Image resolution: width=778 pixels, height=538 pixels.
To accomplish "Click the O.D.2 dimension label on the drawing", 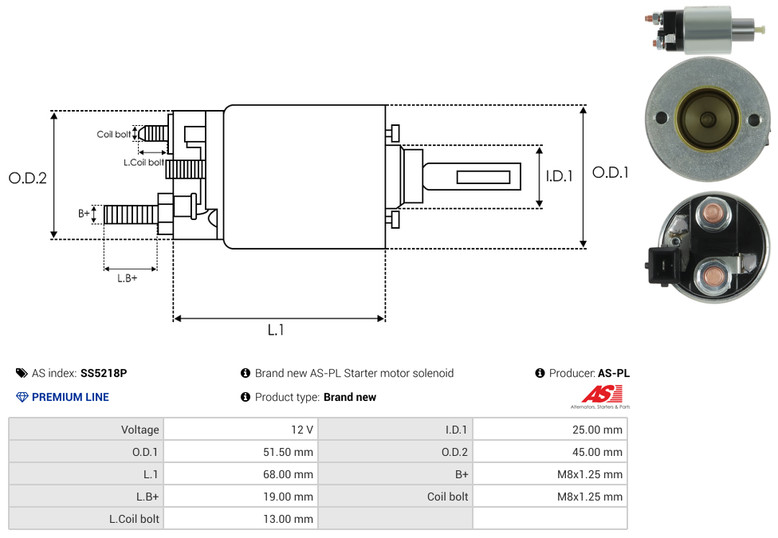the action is pyautogui.click(x=28, y=178).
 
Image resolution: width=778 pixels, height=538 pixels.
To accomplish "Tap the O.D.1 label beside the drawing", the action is pyautogui.click(x=611, y=172).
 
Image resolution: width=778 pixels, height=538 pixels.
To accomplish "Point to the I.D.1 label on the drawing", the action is pyautogui.click(x=560, y=175).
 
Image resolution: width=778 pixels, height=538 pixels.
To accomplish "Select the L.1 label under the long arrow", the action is pyautogui.click(x=276, y=329).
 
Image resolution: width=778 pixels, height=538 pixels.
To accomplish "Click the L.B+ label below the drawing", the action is pyautogui.click(x=127, y=278).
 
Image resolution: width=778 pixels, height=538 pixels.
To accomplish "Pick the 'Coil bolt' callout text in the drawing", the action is pyautogui.click(x=114, y=134).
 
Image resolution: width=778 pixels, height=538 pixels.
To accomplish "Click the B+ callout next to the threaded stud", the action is pyautogui.click(x=84, y=214).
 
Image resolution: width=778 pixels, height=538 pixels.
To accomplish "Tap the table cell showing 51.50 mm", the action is pyautogui.click(x=241, y=452).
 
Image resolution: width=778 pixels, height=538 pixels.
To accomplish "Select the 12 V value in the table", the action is pyautogui.click(x=241, y=430).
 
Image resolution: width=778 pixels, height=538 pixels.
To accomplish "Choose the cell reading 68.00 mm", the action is pyautogui.click(x=241, y=474).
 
